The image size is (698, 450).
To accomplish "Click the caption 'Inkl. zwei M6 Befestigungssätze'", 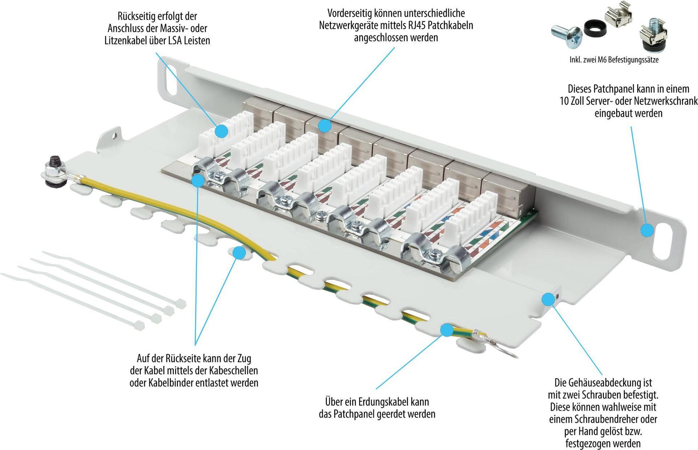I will coord(614,60).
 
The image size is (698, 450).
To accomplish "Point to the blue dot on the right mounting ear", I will coord(647,230).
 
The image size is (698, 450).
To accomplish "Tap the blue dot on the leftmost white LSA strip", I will coord(221,131).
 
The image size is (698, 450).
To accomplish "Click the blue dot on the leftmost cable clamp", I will coord(197,181).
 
